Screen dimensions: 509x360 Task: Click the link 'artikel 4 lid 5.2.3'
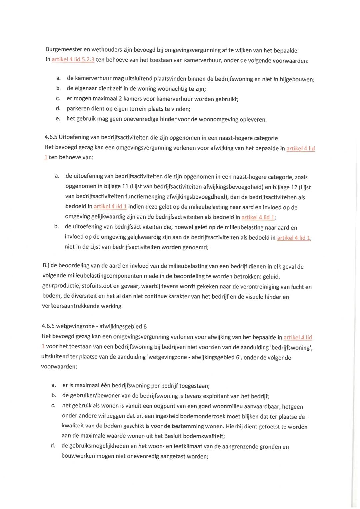point(73,60)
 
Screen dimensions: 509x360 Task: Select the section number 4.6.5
point(51,137)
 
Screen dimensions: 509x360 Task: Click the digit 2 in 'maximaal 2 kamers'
point(120,99)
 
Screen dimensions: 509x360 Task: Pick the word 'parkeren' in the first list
point(78,109)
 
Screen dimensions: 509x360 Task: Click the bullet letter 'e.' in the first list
point(58,119)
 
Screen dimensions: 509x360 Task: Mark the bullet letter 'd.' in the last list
point(53,446)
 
